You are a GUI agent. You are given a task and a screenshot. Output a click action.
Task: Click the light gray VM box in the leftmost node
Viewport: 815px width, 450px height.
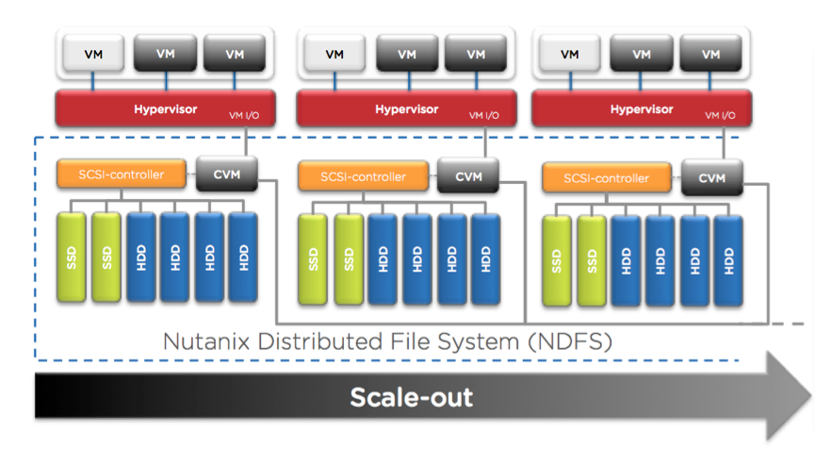click(93, 54)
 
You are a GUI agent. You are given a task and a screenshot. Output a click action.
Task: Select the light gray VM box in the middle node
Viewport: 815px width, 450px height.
click(334, 54)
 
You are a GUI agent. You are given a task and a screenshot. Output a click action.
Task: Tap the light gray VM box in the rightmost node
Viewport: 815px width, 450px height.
click(570, 54)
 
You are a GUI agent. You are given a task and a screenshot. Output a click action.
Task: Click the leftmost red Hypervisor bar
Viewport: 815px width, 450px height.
click(165, 108)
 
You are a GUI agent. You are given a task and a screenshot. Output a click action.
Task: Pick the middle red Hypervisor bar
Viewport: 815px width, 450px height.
click(406, 108)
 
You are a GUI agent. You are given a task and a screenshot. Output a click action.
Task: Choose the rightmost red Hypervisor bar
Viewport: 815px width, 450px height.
click(642, 108)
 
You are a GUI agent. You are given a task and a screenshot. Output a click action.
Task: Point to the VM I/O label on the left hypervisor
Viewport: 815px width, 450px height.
click(244, 115)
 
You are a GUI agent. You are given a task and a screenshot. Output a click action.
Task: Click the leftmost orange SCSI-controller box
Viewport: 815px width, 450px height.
click(122, 175)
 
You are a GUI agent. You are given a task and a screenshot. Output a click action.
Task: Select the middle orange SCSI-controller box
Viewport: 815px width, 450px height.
click(364, 176)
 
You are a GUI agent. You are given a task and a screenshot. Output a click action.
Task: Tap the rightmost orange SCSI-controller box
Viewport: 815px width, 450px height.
click(607, 178)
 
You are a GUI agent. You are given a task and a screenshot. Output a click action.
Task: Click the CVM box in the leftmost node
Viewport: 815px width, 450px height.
click(227, 175)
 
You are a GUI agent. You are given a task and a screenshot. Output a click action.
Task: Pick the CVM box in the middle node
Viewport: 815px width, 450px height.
click(468, 176)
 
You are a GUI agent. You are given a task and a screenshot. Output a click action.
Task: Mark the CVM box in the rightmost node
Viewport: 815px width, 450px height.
click(712, 178)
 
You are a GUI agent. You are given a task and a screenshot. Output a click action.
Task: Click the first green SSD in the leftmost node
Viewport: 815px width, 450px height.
click(72, 258)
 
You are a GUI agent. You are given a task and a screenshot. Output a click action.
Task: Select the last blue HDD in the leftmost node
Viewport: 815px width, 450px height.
click(243, 258)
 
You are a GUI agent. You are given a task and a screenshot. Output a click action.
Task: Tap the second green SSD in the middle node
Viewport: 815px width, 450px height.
click(349, 259)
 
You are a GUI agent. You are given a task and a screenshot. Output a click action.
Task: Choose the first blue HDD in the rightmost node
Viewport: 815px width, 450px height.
click(626, 261)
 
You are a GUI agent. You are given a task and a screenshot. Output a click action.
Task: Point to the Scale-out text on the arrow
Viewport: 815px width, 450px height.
click(412, 397)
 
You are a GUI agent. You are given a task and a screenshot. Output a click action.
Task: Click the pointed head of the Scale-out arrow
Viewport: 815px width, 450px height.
click(810, 397)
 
